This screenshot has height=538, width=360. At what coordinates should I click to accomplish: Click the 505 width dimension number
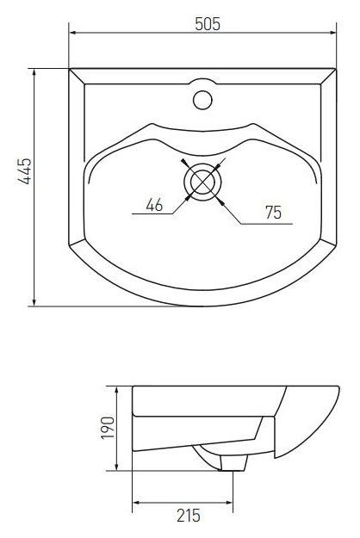pos(208,24)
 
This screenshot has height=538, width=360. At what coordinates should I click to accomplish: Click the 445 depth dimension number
pos(24,171)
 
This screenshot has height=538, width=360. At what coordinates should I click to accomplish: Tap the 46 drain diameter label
pos(154,205)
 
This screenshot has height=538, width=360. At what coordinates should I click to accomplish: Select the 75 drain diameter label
pos(273,213)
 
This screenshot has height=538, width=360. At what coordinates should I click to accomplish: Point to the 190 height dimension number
pos(107,428)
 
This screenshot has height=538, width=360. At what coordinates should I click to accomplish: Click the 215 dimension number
pos(189,516)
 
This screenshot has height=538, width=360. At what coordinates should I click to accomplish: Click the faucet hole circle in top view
pos(202,100)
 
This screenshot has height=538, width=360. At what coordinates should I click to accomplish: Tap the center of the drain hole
pos(202,182)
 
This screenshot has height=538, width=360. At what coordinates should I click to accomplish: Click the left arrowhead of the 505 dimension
pos(72,33)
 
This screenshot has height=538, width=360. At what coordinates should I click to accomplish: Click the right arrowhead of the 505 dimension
pos(333,33)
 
